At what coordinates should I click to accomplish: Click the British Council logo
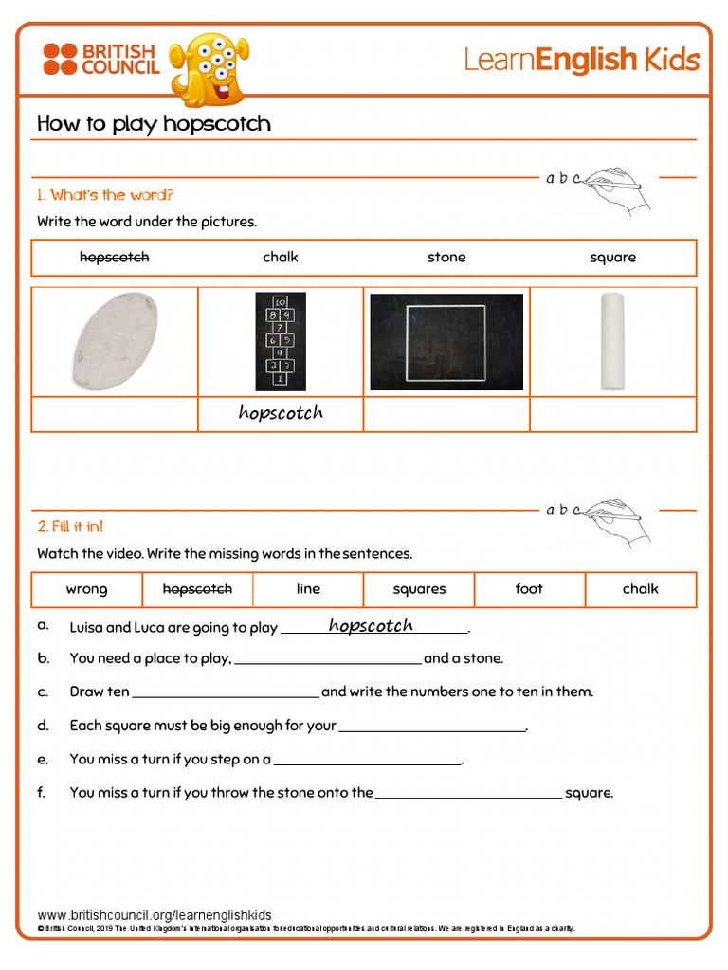click(x=100, y=59)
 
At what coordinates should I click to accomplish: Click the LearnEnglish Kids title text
click(x=581, y=61)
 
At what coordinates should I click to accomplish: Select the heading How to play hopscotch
click(x=154, y=124)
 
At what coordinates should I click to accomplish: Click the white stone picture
click(x=115, y=341)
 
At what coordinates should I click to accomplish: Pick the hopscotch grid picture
click(x=281, y=341)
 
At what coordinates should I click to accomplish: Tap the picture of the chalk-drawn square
click(x=446, y=342)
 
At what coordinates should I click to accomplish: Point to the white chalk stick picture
click(x=612, y=341)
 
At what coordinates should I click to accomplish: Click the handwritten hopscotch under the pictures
click(x=281, y=413)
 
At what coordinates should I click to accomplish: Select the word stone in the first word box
click(x=446, y=258)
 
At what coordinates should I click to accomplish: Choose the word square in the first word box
click(x=612, y=258)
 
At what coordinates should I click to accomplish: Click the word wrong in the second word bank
click(x=86, y=589)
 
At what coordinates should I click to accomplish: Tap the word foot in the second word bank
click(x=529, y=589)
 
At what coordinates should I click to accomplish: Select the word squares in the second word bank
click(x=419, y=589)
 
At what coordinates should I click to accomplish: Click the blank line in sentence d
click(x=432, y=727)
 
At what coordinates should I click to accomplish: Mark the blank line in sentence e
click(x=367, y=761)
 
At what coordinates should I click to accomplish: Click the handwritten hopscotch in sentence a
click(x=371, y=626)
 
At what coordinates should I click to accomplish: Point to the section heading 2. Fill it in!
click(x=70, y=527)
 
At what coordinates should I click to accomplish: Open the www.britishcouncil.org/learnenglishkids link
click(x=155, y=915)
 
